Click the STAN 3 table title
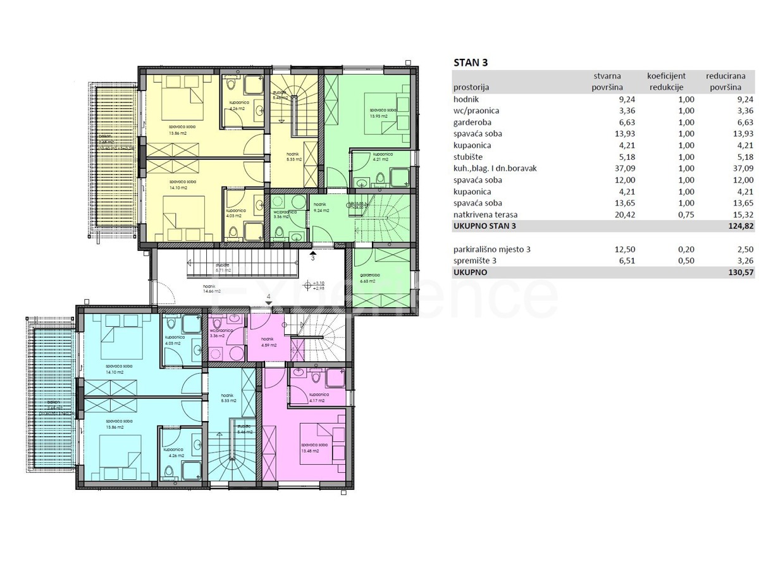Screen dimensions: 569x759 471,62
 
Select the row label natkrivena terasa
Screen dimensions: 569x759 485,214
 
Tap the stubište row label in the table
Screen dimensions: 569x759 472,157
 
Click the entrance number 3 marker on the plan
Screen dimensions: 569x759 312,257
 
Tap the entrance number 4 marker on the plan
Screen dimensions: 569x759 269,297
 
